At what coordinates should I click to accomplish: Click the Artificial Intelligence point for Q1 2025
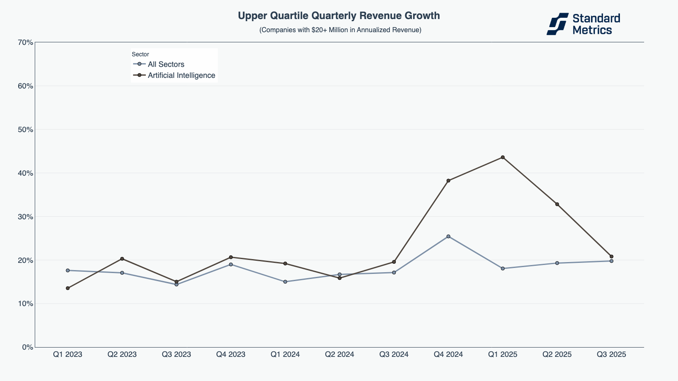[x=503, y=157]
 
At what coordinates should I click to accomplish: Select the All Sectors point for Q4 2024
[x=448, y=236]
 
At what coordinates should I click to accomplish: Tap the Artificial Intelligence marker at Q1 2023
[x=68, y=288]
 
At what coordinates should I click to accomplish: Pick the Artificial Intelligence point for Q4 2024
[x=448, y=181]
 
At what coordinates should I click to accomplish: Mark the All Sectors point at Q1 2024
[x=285, y=282]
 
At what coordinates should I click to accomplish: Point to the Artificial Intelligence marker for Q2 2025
[x=557, y=204]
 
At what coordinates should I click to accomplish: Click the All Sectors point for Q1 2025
[x=503, y=268]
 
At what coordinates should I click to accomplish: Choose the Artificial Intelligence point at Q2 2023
[x=122, y=259]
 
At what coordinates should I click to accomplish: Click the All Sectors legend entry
[x=166, y=64]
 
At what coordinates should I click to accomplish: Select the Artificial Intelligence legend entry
[x=181, y=75]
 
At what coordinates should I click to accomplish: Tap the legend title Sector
[x=140, y=54]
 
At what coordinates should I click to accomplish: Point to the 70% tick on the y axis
[x=25, y=42]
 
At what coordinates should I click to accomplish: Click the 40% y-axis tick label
[x=25, y=173]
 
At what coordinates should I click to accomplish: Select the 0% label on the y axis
[x=27, y=347]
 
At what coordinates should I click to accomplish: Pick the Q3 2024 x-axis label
[x=394, y=354]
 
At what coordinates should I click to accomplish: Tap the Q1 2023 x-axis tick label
[x=68, y=354]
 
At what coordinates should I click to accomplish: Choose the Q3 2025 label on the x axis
[x=611, y=354]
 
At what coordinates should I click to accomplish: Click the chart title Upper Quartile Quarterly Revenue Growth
[x=339, y=16]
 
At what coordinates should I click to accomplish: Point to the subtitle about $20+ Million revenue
[x=340, y=30]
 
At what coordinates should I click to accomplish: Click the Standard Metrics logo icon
[x=557, y=24]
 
